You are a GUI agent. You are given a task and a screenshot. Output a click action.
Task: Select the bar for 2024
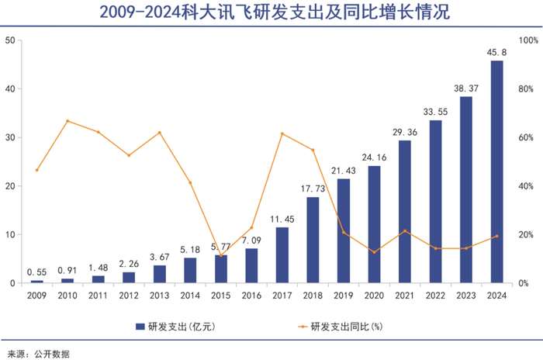(x=496, y=171)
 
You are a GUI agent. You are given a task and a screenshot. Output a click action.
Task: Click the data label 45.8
(x=496, y=52)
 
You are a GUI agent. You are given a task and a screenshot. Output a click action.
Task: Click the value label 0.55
(x=37, y=272)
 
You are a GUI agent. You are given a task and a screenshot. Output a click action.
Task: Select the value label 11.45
(x=282, y=220)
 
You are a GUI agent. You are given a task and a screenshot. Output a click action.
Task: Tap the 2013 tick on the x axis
(x=159, y=295)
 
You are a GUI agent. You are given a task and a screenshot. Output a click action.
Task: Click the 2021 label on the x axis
(x=404, y=295)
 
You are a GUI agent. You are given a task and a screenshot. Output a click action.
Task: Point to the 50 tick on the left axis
(x=10, y=40)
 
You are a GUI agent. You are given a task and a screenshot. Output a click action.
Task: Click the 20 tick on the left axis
(x=10, y=186)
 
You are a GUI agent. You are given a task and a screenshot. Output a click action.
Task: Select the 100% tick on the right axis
(x=528, y=40)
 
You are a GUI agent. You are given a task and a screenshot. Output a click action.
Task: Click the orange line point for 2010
(x=67, y=121)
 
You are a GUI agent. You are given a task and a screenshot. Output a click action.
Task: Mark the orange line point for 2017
(x=282, y=133)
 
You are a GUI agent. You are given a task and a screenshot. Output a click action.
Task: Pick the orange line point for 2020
(x=374, y=252)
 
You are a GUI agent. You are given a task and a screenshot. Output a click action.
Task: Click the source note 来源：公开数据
(x=39, y=352)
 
